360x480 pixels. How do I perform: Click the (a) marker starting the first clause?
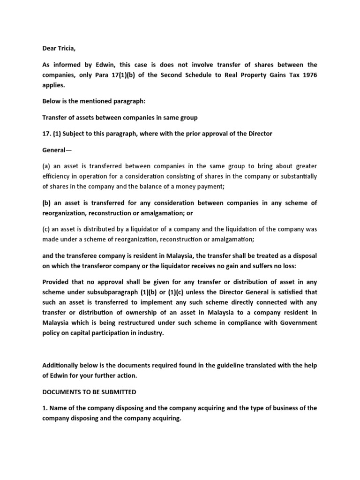[x=47, y=165]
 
